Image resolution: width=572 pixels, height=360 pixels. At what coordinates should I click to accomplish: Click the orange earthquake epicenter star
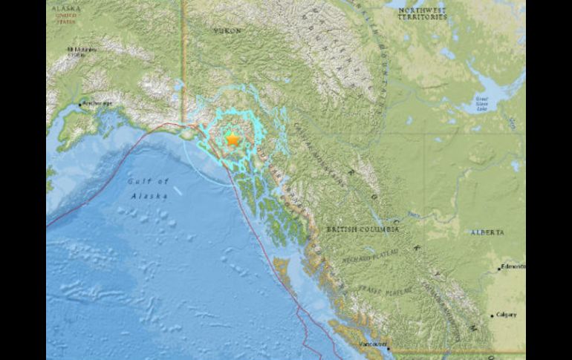click(x=233, y=139)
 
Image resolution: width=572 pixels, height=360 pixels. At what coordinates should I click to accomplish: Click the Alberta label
click(x=487, y=232)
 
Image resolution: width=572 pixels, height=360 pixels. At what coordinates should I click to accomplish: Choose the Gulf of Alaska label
click(x=149, y=189)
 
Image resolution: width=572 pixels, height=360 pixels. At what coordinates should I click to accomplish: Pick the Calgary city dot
click(x=492, y=315)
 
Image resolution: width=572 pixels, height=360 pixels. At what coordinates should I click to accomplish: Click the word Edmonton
click(x=513, y=266)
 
